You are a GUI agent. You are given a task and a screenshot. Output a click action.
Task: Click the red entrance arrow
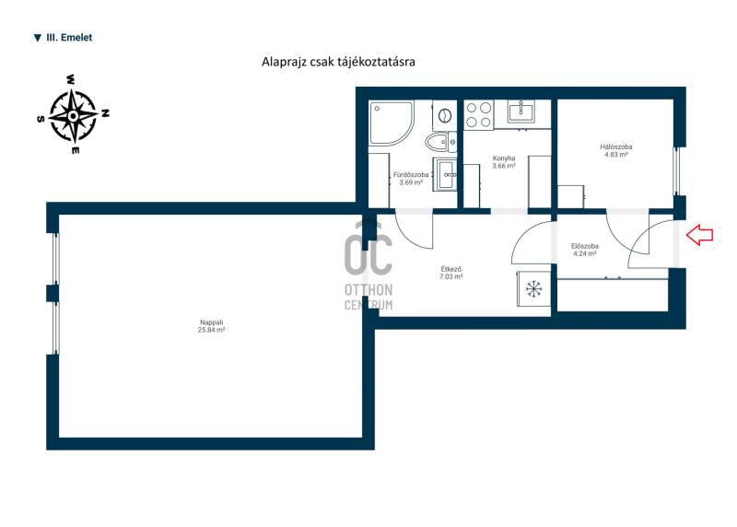coord(700,235)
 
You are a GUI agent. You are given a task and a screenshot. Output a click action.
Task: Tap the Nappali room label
coord(211,322)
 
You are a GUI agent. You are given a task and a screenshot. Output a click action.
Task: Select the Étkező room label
coord(450,269)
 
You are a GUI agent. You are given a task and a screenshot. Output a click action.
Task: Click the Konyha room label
coord(504,158)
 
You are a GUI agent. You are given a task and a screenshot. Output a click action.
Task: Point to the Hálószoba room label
coord(615,146)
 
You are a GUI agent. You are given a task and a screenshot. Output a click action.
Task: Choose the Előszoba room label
coord(585,246)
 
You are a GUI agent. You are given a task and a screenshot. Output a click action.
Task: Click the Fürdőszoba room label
coord(411,175)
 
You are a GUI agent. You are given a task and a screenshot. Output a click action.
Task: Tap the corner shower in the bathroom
coord(391,123)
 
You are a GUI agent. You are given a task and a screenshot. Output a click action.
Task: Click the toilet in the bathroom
coord(440,142)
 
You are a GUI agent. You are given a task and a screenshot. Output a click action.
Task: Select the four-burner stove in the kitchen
coord(478,115)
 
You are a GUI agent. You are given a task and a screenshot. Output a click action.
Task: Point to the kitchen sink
coord(521,112)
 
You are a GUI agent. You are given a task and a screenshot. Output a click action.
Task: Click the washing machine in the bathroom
coord(444,115)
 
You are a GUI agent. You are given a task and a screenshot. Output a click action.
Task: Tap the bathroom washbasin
coord(446,175)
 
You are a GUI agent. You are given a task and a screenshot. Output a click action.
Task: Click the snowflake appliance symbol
coord(533,289)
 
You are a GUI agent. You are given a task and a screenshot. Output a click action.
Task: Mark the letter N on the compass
coord(106,112)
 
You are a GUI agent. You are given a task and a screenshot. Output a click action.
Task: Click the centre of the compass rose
coord(73,116)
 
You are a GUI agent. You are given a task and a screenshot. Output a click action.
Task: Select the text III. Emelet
coord(69,38)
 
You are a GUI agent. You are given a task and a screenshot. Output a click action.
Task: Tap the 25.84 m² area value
coord(211,330)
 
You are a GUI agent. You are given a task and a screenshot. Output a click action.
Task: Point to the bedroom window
coord(677,171)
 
